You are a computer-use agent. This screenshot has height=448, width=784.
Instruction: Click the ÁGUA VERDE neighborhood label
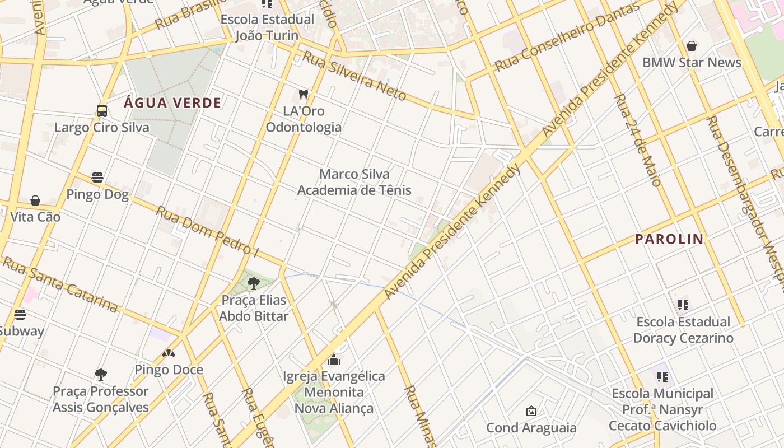pos(172,103)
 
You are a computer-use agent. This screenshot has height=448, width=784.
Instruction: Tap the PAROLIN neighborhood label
pos(669,239)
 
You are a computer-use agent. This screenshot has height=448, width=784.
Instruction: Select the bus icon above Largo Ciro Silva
pos(101,110)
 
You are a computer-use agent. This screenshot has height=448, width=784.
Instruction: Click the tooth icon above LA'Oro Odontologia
pos(304,94)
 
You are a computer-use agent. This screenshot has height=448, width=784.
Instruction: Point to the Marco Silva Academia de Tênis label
pos(354,182)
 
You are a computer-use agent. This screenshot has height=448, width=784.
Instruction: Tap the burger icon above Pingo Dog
pos(97,178)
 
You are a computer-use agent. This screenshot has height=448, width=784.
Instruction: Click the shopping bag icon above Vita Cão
pos(35,200)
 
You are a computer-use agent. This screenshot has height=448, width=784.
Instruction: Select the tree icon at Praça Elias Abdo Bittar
pos(253,283)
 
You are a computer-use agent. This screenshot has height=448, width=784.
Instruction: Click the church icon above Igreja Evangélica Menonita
pos(334,359)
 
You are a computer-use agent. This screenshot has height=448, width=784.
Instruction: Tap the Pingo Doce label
pos(169,370)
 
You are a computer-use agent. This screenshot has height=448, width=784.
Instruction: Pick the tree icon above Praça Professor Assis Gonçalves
pos(101,374)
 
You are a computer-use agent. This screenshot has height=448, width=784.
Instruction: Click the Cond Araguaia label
pos(531,428)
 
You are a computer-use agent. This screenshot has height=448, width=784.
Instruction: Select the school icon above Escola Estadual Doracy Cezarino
pos(683,305)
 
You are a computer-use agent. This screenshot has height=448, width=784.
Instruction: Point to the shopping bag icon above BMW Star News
pos(692,46)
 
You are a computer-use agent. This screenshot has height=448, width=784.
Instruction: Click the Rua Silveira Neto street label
pos(354,76)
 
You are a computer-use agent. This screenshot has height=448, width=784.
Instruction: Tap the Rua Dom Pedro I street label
pos(207,231)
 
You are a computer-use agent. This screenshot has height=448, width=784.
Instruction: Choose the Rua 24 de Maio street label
pos(638,140)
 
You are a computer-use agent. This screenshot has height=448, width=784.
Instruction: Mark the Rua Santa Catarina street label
pos(60,284)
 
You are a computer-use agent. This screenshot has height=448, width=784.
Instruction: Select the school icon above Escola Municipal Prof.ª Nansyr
pos(662,377)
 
